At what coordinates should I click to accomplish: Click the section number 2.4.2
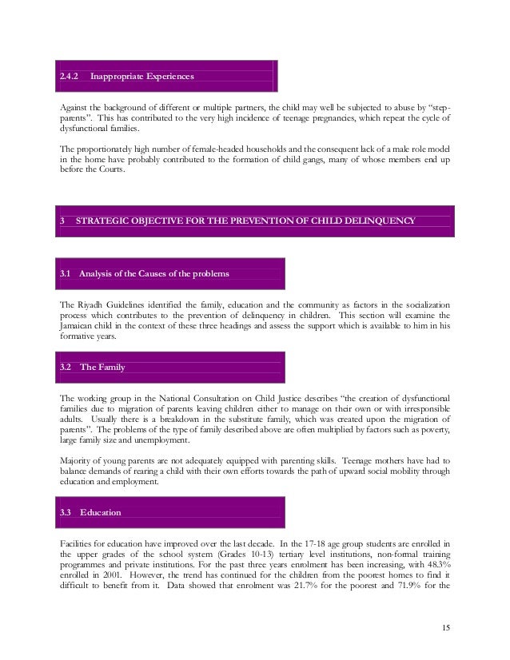click(x=70, y=77)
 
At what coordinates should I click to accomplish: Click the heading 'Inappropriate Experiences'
click(x=143, y=77)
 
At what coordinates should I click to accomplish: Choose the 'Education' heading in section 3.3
click(x=102, y=510)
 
